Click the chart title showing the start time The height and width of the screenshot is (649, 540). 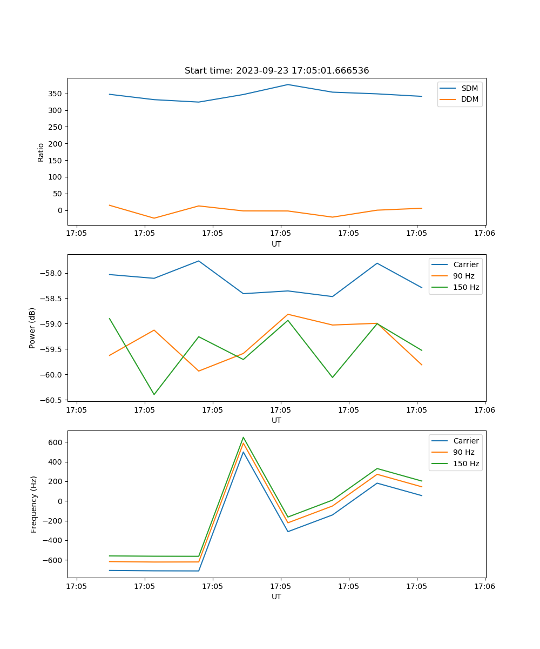point(276,71)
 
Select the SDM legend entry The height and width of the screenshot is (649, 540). point(469,88)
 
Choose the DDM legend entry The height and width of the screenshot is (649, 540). point(469,99)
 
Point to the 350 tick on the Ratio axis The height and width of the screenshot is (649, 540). point(56,94)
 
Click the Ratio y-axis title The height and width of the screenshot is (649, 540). point(41,152)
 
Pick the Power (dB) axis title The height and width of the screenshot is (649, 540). point(32,328)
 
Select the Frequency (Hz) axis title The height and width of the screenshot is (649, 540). point(34,504)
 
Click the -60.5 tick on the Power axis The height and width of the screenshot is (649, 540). point(53,400)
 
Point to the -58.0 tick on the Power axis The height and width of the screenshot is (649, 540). point(53,273)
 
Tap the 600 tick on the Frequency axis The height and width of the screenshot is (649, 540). point(56,442)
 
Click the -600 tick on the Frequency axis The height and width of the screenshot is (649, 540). point(53,560)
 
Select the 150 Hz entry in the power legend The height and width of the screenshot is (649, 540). point(466,287)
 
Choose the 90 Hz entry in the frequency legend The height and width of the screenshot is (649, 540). point(464,452)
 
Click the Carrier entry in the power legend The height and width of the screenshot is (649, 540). point(465,264)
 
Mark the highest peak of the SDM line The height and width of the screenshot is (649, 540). point(288,84)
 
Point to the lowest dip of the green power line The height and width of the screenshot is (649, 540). point(154,394)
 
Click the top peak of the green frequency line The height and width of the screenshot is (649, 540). point(244,438)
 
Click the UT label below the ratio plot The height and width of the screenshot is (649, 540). point(276,244)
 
